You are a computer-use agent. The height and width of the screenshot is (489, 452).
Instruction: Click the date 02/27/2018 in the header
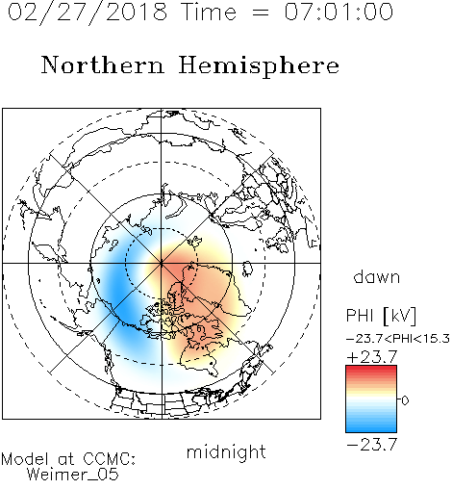tap(88, 13)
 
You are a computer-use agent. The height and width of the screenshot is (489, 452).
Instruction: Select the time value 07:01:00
tap(339, 12)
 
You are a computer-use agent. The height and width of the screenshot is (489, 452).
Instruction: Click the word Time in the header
tap(209, 12)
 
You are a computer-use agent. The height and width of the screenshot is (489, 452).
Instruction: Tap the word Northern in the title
tap(103, 64)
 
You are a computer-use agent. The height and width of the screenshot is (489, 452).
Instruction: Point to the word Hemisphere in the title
tap(259, 66)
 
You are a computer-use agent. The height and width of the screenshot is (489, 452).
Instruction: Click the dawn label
tap(377, 276)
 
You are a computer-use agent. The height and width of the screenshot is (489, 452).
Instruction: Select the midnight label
tap(226, 451)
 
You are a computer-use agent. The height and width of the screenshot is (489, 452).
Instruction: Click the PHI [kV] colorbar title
tap(381, 316)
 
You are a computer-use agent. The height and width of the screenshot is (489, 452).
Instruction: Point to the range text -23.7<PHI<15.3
tap(398, 339)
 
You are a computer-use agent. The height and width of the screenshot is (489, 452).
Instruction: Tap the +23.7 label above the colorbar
tap(372, 357)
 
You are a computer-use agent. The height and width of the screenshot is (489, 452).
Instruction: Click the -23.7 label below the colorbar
tap(372, 445)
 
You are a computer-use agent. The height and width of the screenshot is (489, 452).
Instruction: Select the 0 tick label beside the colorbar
tap(405, 400)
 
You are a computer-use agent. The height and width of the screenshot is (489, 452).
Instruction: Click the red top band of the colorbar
tap(371, 368)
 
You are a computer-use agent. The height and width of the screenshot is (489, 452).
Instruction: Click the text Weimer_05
tap(72, 475)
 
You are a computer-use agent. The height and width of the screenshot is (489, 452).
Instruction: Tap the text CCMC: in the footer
tap(109, 459)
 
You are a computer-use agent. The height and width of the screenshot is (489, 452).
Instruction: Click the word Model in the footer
tap(25, 459)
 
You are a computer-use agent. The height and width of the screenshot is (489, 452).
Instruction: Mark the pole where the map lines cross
tap(162, 263)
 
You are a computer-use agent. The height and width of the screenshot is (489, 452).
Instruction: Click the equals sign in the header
tap(261, 13)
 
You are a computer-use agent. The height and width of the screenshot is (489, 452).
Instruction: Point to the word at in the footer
tap(66, 460)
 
